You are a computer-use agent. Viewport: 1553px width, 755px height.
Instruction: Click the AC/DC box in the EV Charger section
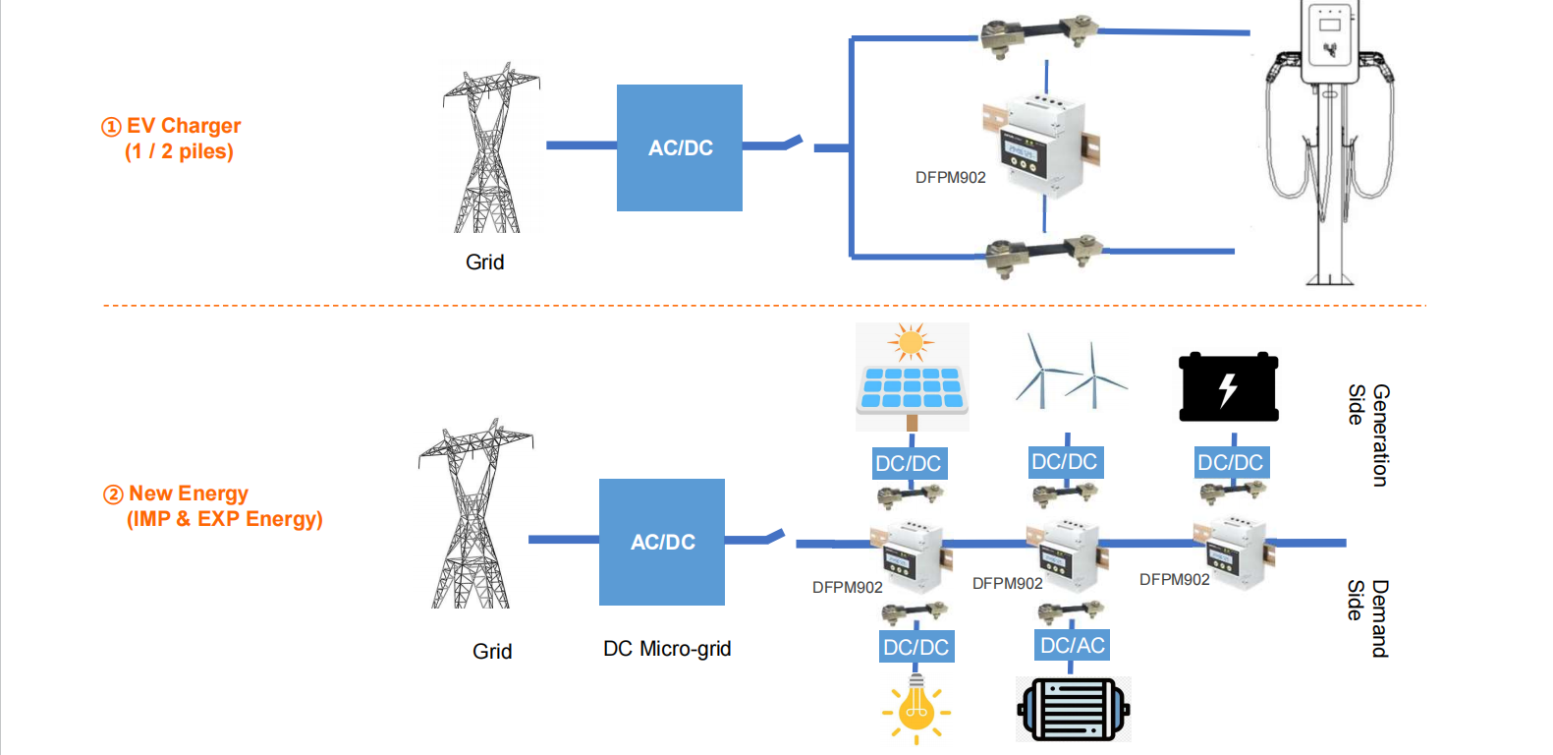pos(679,147)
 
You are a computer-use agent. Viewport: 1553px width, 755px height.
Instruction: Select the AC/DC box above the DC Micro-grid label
pos(662,542)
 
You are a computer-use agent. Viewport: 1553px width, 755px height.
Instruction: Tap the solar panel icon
pos(912,377)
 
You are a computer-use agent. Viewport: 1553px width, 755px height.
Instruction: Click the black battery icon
pos(1228,387)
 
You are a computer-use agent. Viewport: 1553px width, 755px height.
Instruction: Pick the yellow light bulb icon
pos(916,709)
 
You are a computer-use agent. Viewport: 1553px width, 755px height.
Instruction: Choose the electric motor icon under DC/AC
pos(1073,709)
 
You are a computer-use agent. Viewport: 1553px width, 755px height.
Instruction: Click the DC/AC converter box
pos(1073,645)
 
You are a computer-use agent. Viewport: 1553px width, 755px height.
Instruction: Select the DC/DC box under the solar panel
pos(909,463)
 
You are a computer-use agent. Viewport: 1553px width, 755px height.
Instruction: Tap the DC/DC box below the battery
pos(1230,462)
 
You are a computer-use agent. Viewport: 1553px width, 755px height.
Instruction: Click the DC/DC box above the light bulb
pos(916,647)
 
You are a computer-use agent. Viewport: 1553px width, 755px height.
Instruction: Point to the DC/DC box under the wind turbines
pos(1064,461)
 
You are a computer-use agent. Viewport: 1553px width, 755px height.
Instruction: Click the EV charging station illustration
pos(1329,143)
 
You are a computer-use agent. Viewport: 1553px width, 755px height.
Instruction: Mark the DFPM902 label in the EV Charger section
pos(950,178)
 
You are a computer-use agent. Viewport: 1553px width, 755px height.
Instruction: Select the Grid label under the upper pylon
pos(484,262)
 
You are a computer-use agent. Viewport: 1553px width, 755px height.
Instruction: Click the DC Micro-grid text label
pos(667,649)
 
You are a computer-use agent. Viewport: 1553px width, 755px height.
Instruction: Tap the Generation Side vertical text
pos(1368,435)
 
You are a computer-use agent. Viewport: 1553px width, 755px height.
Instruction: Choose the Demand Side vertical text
pos(1367,618)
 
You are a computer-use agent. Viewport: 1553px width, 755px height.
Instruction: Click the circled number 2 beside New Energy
pos(114,494)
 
